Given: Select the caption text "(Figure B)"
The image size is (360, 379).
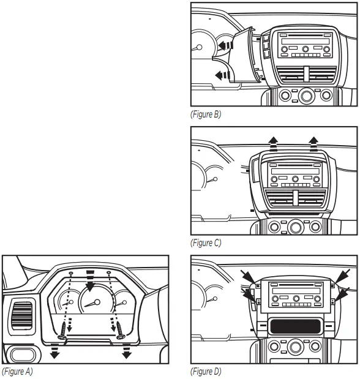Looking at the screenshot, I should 207,114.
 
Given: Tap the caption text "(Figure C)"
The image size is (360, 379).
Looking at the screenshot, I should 207,243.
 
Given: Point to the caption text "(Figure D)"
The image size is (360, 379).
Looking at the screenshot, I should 207,372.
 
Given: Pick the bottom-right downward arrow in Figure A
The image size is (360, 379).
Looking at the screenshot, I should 128,355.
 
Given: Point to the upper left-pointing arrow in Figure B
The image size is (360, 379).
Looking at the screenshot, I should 227,45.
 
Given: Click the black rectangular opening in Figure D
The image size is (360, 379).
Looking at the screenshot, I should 296,326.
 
